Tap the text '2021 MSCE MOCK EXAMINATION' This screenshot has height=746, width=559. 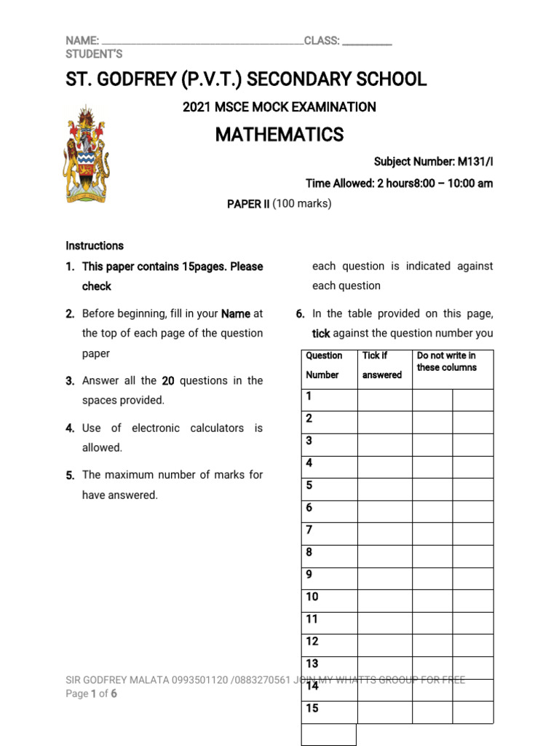279,107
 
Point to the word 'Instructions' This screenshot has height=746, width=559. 95,246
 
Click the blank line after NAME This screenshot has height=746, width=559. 202,42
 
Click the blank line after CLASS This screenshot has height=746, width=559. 367,42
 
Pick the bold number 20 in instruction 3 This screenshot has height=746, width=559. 168,380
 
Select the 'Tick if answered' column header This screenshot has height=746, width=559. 384,365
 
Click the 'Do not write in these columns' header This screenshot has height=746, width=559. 447,361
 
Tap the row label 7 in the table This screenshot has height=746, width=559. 309,530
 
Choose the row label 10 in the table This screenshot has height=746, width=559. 312,597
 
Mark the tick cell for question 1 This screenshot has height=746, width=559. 384,400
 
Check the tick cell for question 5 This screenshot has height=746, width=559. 384,489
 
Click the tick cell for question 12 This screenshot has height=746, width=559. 384,645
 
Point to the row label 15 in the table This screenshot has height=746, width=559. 312,708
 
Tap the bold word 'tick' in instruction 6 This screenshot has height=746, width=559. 321,334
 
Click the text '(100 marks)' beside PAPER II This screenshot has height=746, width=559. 301,204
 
